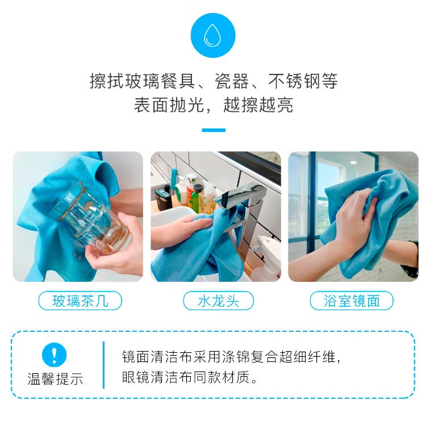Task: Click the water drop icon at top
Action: click(x=213, y=35)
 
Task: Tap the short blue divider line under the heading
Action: click(x=214, y=130)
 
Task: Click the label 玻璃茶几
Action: click(x=80, y=301)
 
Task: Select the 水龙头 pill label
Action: click(x=219, y=301)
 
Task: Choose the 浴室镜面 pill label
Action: click(x=352, y=301)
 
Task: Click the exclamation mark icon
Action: click(x=55, y=355)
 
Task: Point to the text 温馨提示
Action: click(x=55, y=378)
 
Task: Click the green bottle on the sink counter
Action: click(x=195, y=198)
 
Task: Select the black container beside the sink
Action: click(x=162, y=199)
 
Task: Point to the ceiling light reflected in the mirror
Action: click(x=353, y=162)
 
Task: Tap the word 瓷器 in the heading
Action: click(x=232, y=81)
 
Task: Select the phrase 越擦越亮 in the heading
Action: click(x=258, y=105)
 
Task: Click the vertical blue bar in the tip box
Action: click(x=103, y=365)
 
